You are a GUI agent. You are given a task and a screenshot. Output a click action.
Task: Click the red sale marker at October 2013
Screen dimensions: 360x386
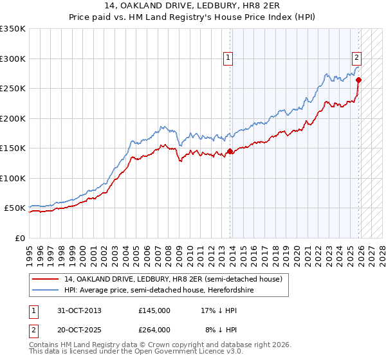point(230,152)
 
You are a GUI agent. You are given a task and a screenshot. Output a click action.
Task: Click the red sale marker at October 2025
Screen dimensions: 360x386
point(359,80)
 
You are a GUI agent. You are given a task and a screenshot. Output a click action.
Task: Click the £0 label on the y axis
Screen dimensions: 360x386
point(20,238)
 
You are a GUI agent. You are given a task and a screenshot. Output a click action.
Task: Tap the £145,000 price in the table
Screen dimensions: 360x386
point(154,310)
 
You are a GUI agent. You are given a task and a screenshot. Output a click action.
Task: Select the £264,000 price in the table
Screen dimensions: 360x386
point(154,329)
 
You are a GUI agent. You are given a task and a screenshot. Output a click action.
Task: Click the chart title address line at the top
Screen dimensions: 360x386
point(193,6)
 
